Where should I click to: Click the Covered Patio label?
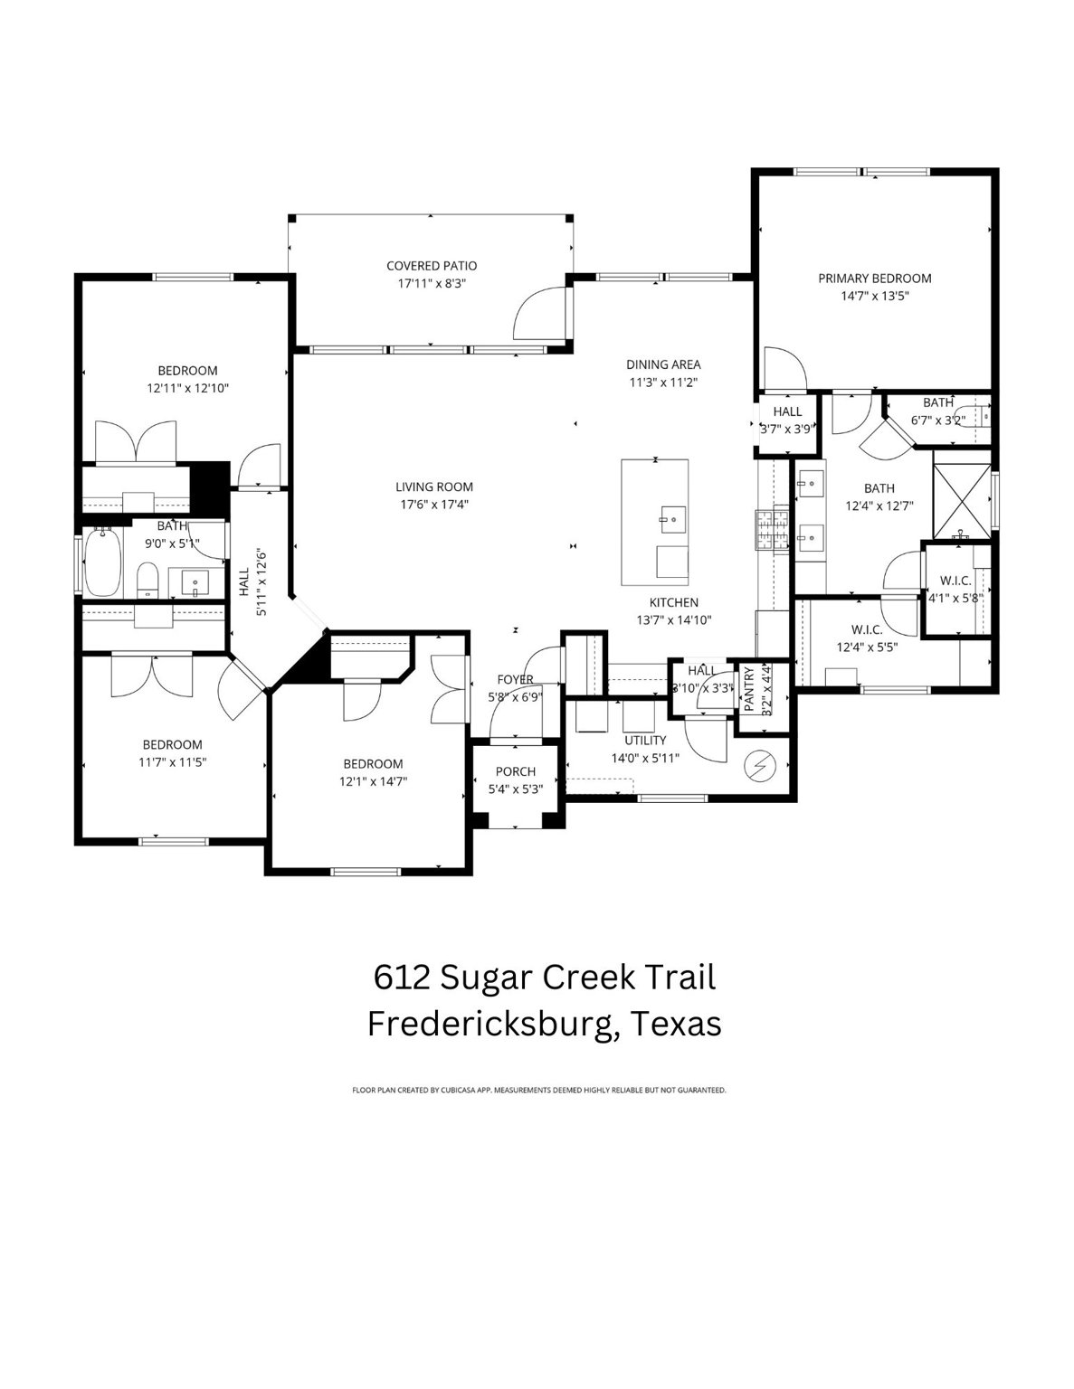point(431,266)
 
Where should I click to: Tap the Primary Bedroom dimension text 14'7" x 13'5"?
point(874,296)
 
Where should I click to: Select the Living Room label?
point(433,487)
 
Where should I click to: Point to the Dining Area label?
point(663,364)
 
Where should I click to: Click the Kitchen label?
point(673,602)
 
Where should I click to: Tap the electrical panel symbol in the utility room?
point(760,767)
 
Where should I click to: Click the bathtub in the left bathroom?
point(102,562)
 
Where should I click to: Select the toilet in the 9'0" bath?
point(147,580)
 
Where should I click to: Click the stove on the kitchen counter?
point(766,531)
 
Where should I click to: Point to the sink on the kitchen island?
point(671,517)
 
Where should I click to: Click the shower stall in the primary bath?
point(961,496)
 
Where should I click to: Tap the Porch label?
point(515,771)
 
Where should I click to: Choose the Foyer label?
point(515,679)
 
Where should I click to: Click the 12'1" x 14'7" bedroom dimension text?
point(373,781)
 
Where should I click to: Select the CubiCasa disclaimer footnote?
point(538,1091)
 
